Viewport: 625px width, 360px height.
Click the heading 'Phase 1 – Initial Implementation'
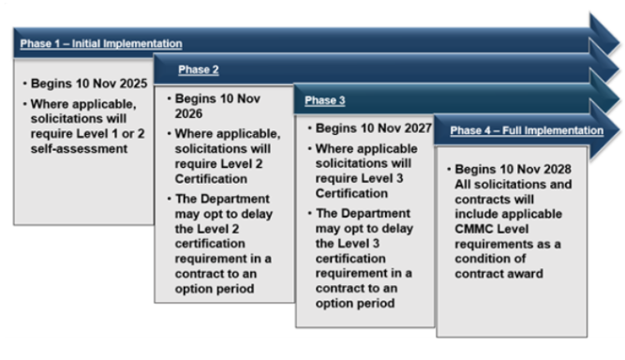(99, 43)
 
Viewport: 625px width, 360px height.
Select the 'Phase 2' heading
(198, 69)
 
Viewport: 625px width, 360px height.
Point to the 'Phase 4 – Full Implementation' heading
(526, 130)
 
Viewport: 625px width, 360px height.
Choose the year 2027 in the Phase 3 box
(410, 127)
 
